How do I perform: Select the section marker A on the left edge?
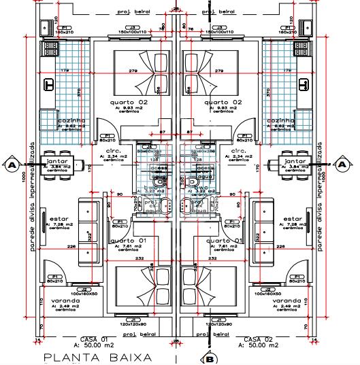[x=12, y=163]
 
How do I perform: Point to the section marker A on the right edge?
[x=347, y=163]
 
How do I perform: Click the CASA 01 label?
[x=95, y=338]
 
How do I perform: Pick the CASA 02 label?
[x=258, y=338]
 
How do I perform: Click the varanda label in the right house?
[x=286, y=300]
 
